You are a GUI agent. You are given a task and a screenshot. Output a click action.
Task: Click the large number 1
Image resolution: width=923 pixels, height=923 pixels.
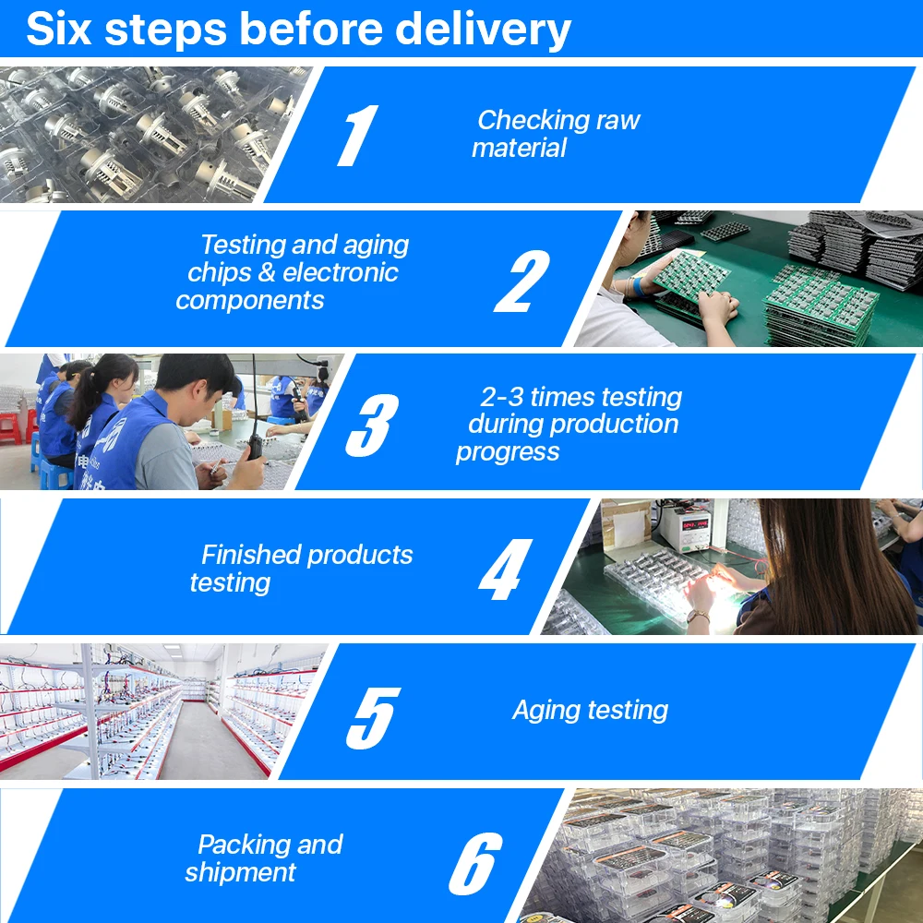tap(356, 136)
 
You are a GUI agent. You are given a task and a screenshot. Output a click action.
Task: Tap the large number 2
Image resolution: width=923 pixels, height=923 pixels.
tap(522, 281)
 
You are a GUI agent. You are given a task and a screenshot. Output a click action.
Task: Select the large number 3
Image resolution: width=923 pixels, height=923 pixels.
tap(372, 425)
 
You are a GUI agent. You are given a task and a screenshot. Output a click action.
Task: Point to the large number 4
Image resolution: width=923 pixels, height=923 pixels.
tap(505, 569)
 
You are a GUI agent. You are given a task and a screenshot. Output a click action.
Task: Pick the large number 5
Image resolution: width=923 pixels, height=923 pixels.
tap(373, 715)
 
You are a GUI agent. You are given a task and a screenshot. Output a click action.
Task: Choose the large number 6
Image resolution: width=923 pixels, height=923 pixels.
tap(475, 862)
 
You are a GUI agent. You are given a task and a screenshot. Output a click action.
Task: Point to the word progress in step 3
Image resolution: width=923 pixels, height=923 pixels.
tap(508, 452)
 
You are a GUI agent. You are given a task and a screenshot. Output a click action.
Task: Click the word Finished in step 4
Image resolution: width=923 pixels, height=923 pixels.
tap(250, 555)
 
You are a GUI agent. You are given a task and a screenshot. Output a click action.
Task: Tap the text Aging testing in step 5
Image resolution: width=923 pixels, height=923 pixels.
tap(590, 710)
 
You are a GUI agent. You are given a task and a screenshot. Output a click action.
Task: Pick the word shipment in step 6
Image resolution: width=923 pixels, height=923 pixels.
tap(240, 873)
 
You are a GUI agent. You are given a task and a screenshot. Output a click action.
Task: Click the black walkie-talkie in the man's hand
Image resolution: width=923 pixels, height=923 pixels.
tap(252, 443)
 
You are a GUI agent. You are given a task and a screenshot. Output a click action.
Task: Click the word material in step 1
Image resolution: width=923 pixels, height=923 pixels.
tap(519, 149)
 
